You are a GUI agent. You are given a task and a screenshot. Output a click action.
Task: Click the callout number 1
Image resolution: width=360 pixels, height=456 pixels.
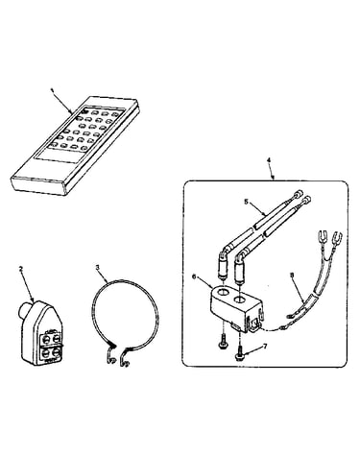coord(52,90)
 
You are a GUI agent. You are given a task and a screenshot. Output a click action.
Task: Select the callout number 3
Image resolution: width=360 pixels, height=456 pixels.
coord(98,266)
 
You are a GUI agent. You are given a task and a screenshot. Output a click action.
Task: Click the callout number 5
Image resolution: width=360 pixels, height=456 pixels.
coord(246,202)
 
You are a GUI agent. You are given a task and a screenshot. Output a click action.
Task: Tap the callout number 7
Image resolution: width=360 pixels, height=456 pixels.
coord(265,346)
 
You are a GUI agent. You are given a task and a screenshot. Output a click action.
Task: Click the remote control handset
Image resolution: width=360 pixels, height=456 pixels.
coord(76,146)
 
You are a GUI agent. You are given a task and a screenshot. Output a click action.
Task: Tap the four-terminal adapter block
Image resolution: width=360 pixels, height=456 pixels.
coord(41,333)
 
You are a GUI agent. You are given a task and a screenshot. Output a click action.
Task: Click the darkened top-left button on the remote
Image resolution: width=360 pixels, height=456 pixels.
coord(84,111)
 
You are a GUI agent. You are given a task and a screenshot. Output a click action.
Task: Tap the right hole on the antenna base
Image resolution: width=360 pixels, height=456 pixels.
coord(240,300)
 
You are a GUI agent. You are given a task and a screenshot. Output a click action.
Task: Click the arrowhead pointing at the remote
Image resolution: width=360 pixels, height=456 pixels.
coord(73,111)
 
